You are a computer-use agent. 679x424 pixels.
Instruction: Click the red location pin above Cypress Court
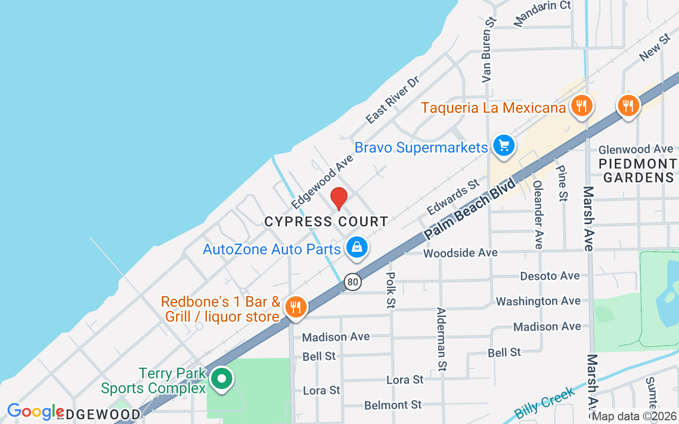click(x=339, y=198)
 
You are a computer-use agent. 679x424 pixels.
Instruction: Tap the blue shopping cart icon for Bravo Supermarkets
click(x=503, y=145)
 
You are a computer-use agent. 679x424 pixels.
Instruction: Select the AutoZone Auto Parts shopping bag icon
click(x=358, y=247)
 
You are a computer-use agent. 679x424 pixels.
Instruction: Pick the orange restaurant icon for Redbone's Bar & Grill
click(x=295, y=306)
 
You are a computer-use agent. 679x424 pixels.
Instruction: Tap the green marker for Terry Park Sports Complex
click(x=221, y=379)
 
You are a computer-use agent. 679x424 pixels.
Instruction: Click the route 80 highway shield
click(x=352, y=281)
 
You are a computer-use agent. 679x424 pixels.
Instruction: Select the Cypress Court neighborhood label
click(x=326, y=222)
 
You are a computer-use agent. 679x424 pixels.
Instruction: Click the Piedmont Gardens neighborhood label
click(x=638, y=170)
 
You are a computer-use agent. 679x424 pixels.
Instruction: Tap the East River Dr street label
click(x=393, y=100)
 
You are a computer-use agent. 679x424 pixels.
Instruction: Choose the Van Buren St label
click(x=489, y=49)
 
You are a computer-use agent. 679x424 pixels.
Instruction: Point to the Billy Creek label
click(x=544, y=403)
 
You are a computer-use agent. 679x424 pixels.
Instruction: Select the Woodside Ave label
click(x=460, y=253)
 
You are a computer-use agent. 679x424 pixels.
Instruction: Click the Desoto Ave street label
click(x=550, y=276)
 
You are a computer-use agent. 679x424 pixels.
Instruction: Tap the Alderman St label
click(x=441, y=339)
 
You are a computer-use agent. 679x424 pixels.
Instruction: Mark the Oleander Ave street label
click(x=538, y=214)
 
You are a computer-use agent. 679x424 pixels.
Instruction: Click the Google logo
click(x=36, y=412)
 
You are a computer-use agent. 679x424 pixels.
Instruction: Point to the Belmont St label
click(x=393, y=405)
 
